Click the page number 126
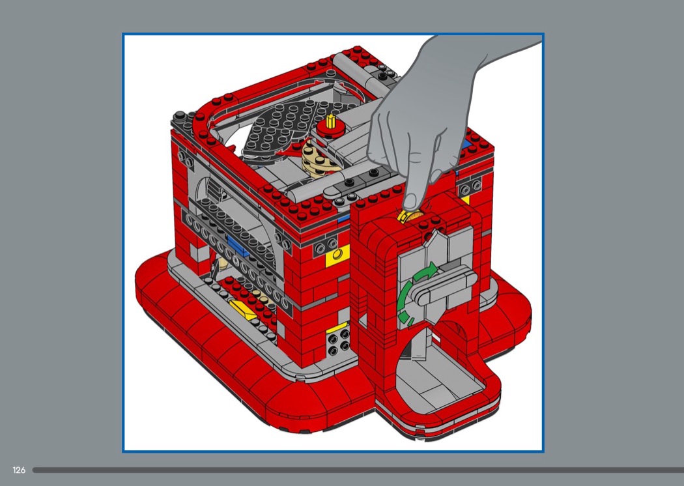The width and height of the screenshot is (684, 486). pos(19,470)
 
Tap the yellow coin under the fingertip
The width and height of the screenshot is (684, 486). pos(409,216)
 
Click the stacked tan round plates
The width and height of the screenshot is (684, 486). pos(318,158)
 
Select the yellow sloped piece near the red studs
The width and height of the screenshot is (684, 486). pos(243,309)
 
